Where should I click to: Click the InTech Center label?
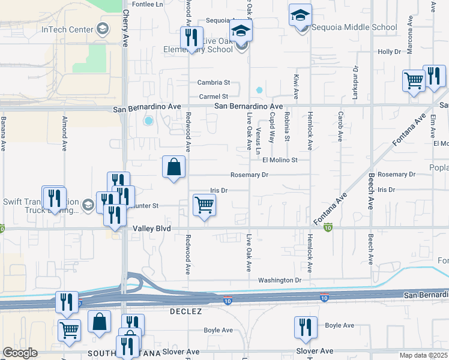pyautogui.click(x=67, y=29)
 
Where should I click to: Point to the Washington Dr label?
pyautogui.click(x=279, y=280)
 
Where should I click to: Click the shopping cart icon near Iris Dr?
pyautogui.click(x=204, y=206)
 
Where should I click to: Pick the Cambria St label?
pyautogui.click(x=214, y=83)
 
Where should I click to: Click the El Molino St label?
pyautogui.click(x=280, y=160)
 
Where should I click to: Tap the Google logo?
pyautogui.click(x=19, y=353)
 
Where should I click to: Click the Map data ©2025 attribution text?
pyautogui.click(x=423, y=355)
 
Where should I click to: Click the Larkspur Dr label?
pyautogui.click(x=355, y=83)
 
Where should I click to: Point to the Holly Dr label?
pyautogui.click(x=389, y=52)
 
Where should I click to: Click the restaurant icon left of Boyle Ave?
pyautogui.click(x=306, y=328)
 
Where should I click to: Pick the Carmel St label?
pyautogui.click(x=214, y=97)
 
